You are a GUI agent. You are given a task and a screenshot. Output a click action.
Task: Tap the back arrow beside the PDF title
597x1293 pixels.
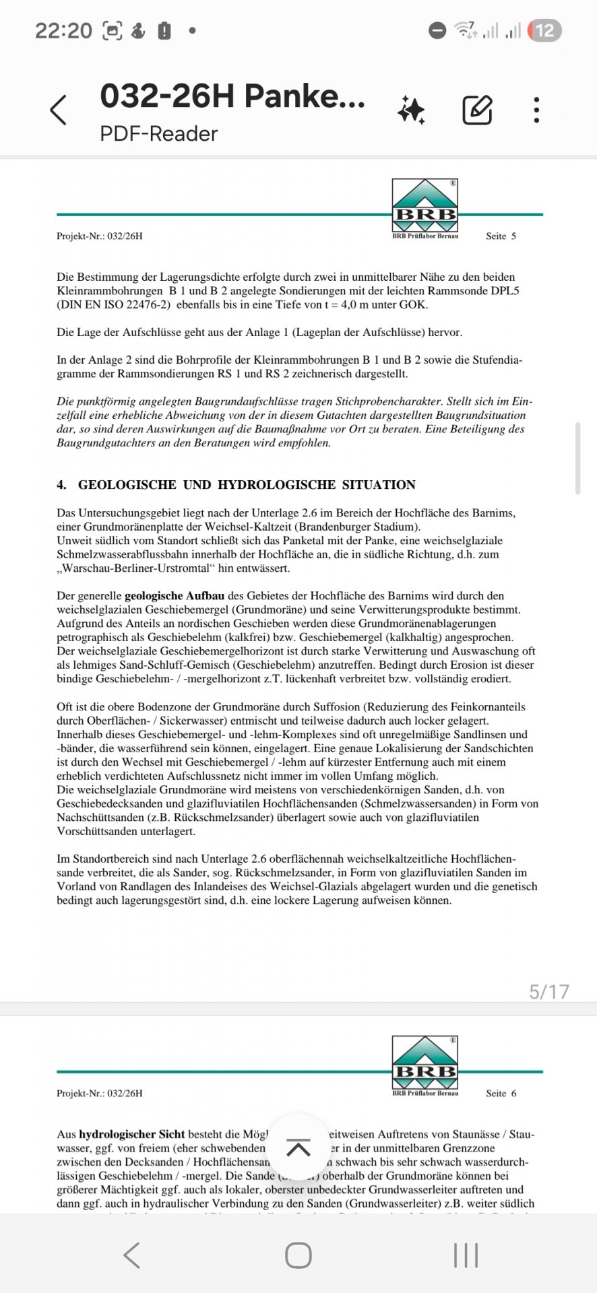59,110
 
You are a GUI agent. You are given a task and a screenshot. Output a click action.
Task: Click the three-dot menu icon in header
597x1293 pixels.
536,110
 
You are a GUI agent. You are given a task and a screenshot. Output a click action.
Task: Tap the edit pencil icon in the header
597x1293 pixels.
477,110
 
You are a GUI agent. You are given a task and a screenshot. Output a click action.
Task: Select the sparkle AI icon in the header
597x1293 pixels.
411,110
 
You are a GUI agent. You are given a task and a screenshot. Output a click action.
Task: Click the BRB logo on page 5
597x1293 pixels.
425,205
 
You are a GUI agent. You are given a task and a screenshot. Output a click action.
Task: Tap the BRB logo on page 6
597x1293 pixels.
425,1062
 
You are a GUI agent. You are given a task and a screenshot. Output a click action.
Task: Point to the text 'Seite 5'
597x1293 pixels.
501,236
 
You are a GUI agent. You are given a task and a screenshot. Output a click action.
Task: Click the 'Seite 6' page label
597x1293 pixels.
501,1093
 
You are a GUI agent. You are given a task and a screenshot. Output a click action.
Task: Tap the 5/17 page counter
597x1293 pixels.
549,991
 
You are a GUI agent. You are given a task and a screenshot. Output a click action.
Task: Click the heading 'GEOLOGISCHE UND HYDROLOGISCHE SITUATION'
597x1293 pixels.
247,485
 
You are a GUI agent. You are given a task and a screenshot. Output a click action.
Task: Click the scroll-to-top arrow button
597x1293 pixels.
298,1148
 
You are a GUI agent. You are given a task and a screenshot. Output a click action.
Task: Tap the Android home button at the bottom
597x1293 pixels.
298,1255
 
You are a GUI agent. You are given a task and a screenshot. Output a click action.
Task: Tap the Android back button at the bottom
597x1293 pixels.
132,1255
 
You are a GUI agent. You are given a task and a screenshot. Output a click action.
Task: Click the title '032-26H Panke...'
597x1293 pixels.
232,96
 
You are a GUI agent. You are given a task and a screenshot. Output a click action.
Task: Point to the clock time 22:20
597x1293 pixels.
63,31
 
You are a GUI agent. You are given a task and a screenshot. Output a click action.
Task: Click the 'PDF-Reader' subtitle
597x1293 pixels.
158,133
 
